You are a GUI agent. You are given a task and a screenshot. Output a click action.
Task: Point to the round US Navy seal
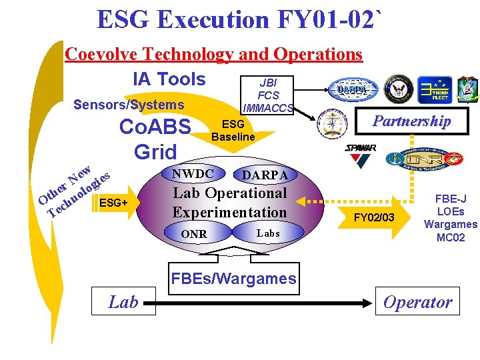pyautogui.click(x=399, y=88)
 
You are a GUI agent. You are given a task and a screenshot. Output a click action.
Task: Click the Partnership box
pyautogui.click(x=411, y=121)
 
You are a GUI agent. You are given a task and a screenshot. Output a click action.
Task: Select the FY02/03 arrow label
pyautogui.click(x=374, y=217)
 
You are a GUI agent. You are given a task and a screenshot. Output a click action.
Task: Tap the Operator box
pyautogui.click(x=418, y=302)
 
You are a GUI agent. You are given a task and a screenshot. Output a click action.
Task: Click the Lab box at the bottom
pyautogui.click(x=123, y=302)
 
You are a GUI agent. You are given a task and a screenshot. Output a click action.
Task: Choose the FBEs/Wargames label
pyautogui.click(x=233, y=279)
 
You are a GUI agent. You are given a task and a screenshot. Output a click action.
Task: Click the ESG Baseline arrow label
pyautogui.click(x=233, y=131)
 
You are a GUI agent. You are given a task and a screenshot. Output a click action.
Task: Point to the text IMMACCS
pyautogui.click(x=268, y=107)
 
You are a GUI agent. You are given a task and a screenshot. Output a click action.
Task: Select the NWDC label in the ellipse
pyautogui.click(x=193, y=174)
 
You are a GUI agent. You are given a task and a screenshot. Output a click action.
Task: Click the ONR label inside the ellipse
pyautogui.click(x=194, y=234)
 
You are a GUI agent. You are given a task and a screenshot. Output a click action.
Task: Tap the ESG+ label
pyautogui.click(x=113, y=203)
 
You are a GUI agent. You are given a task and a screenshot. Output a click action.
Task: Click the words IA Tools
pyautogui.click(x=169, y=79)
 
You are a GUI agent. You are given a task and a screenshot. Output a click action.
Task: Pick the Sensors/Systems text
pyautogui.click(x=129, y=105)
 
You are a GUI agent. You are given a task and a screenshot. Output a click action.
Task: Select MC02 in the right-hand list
pyautogui.click(x=451, y=237)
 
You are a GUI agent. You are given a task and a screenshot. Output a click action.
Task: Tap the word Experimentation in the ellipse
pyautogui.click(x=229, y=212)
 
